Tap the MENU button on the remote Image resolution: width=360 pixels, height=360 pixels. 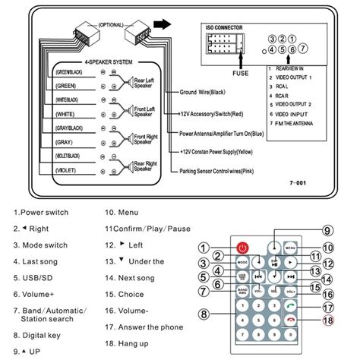(x=290, y=248)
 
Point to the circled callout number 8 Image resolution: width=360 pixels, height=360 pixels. (x=204, y=314)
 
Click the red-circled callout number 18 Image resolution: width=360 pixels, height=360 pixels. (x=327, y=321)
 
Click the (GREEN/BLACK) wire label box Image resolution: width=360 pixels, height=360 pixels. (x=65, y=72)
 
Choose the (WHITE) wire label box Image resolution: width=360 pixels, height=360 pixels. (x=65, y=115)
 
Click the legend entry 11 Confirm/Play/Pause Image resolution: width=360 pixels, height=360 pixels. (x=150, y=227)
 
